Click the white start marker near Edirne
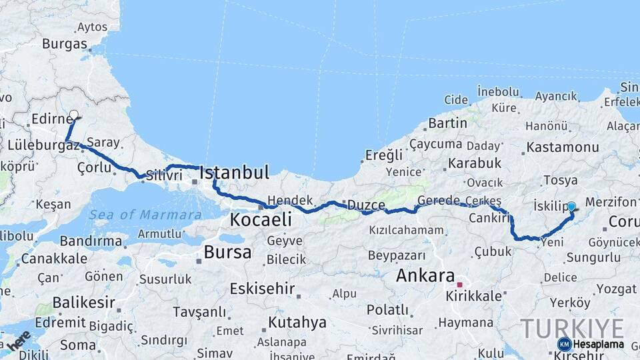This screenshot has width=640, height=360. [73, 115]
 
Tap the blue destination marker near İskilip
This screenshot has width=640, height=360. [571, 207]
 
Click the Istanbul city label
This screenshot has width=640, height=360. [235, 173]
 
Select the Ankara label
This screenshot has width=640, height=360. [425, 275]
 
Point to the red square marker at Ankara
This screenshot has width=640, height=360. [459, 285]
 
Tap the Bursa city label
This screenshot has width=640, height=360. [228, 252]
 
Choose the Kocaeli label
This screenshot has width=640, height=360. [261, 219]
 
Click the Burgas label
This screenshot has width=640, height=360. [65, 44]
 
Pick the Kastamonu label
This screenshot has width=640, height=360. [562, 147]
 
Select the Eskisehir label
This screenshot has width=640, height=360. [262, 289]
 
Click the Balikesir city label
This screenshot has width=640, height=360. [79, 303]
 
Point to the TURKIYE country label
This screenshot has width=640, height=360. [572, 327]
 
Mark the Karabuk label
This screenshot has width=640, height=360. [475, 163]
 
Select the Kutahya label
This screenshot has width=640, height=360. [297, 323]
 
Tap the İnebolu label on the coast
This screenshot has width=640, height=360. [498, 91]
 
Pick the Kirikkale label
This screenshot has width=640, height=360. [474, 296]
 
